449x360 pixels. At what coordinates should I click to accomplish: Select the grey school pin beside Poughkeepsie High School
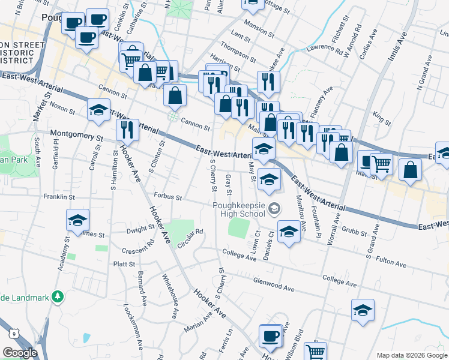click(274, 209)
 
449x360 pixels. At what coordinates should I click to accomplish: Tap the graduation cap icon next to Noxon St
click(98, 110)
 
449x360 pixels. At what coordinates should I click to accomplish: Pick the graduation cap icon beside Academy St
click(78, 220)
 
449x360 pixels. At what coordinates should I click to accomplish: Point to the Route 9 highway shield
click(13, 334)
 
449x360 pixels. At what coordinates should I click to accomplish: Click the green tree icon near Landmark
click(58, 296)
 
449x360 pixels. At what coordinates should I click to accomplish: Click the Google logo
click(20, 353)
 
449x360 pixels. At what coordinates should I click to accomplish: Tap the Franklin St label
click(58, 196)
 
